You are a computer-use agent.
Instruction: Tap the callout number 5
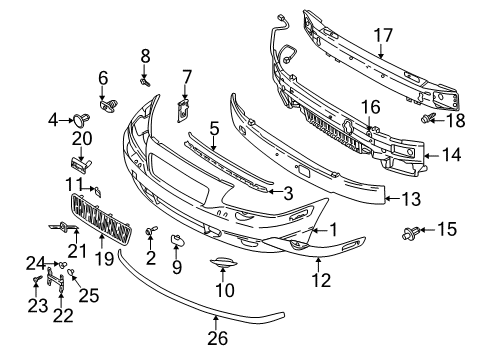point(214,128)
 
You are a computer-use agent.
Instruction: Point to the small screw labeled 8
point(146,83)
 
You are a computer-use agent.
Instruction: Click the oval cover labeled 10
point(220,264)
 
